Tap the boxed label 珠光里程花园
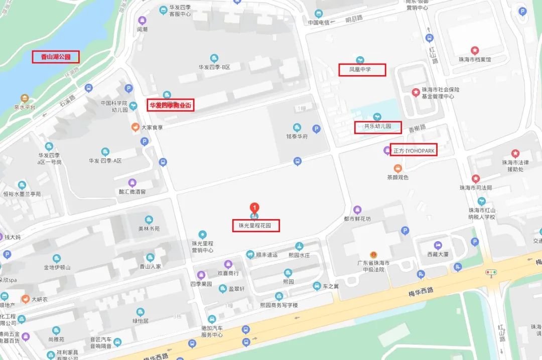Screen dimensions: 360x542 point(255,226)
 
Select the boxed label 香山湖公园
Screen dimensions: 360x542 point(56,57)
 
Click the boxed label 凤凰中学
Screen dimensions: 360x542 point(361,70)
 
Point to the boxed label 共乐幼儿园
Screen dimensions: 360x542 point(378,127)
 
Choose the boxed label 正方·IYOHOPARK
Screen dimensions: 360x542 point(414,150)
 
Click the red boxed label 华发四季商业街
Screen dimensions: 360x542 point(171,105)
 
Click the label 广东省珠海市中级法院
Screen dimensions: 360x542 point(373,266)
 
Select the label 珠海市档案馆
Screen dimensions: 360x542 point(474,59)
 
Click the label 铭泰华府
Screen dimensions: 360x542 point(297,136)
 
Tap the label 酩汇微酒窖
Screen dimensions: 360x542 point(132,192)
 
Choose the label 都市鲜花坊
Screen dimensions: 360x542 point(357,219)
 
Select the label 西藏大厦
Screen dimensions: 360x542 point(438,254)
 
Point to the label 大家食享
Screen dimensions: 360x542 point(152,127)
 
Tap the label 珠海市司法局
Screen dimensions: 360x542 point(475,188)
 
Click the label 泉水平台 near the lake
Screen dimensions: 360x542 point(25,107)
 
